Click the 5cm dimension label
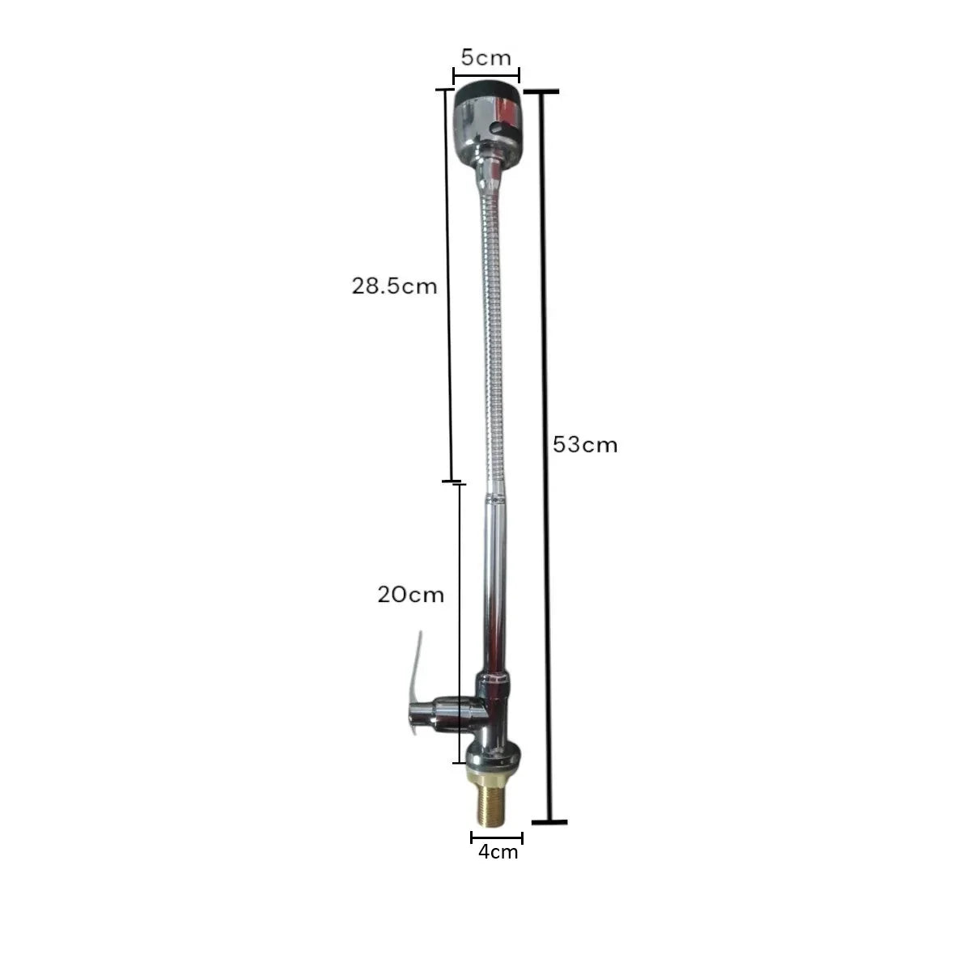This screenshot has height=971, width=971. pos(485,58)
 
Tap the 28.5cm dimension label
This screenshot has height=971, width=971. pos(394,286)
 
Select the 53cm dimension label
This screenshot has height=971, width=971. pos(585,445)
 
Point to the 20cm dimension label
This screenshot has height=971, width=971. pos(411,595)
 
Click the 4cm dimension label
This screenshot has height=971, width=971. pos(498,851)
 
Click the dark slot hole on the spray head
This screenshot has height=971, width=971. pos(502,129)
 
